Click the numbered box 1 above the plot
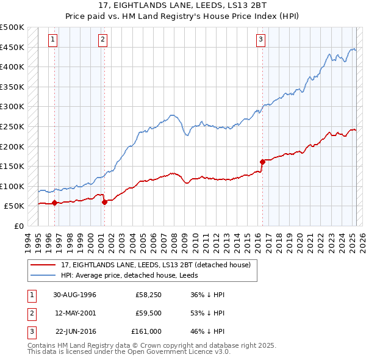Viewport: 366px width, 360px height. (x=54, y=40)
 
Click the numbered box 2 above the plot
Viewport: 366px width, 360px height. (x=102, y=40)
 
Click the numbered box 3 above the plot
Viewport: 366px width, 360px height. (x=260, y=40)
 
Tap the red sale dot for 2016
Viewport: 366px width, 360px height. (x=262, y=162)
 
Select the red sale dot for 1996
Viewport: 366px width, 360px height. (x=55, y=203)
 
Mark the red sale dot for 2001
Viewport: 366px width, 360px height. (x=104, y=202)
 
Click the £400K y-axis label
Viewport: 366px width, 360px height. (x=13, y=67)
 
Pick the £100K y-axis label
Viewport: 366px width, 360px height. (x=13, y=186)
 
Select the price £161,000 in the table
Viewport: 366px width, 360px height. (x=146, y=331)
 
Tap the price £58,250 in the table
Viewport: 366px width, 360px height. (x=148, y=295)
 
